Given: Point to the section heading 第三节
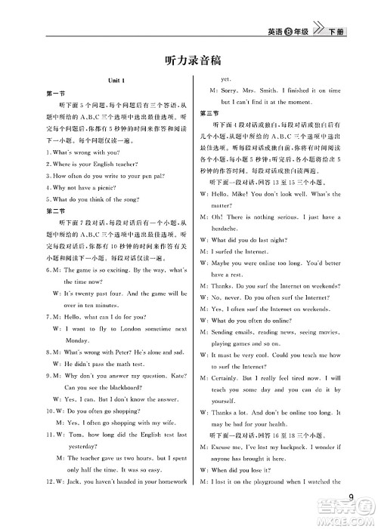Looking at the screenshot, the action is click(x=209, y=112).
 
